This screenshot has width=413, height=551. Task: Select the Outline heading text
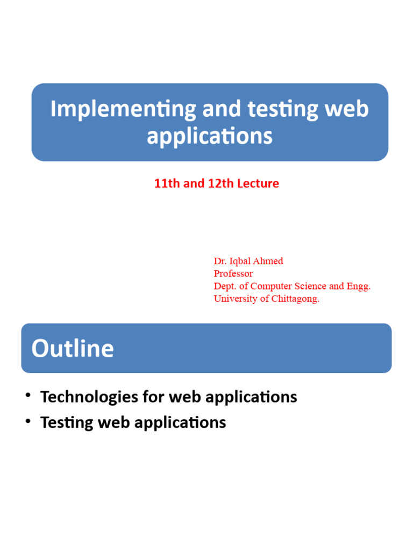pos(73,348)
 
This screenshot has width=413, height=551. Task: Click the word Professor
pos(233,273)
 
